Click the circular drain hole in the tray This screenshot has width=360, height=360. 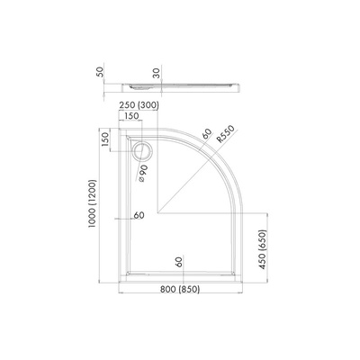pos(141,149)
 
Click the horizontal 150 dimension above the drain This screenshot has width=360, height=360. pos(132,116)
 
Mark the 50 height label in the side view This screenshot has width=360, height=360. pos(99,73)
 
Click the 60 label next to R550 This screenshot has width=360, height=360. pos(206,135)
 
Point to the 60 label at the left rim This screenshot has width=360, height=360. pos(138,215)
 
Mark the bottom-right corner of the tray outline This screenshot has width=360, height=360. pos(246,274)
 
